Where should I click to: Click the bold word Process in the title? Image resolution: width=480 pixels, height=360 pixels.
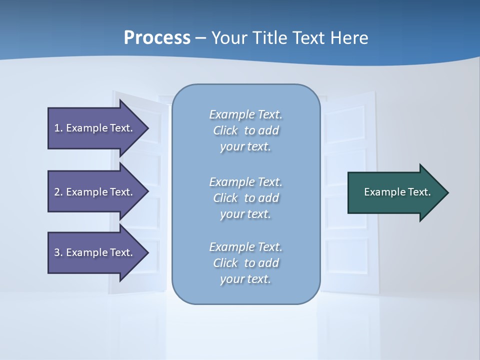pos(157,38)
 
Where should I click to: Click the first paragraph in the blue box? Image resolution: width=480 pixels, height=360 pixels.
pos(245,130)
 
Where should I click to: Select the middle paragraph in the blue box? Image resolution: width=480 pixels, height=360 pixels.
pos(245,198)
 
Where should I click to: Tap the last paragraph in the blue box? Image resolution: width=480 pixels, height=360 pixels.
pos(245,263)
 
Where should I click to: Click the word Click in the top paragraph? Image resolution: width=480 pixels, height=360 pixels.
pos(225,130)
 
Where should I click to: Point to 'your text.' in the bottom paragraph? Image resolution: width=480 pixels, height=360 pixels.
pos(245,279)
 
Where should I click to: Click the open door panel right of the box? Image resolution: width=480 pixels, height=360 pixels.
pos(347,140)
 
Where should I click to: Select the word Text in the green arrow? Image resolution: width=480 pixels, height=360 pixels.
pos(419,192)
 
